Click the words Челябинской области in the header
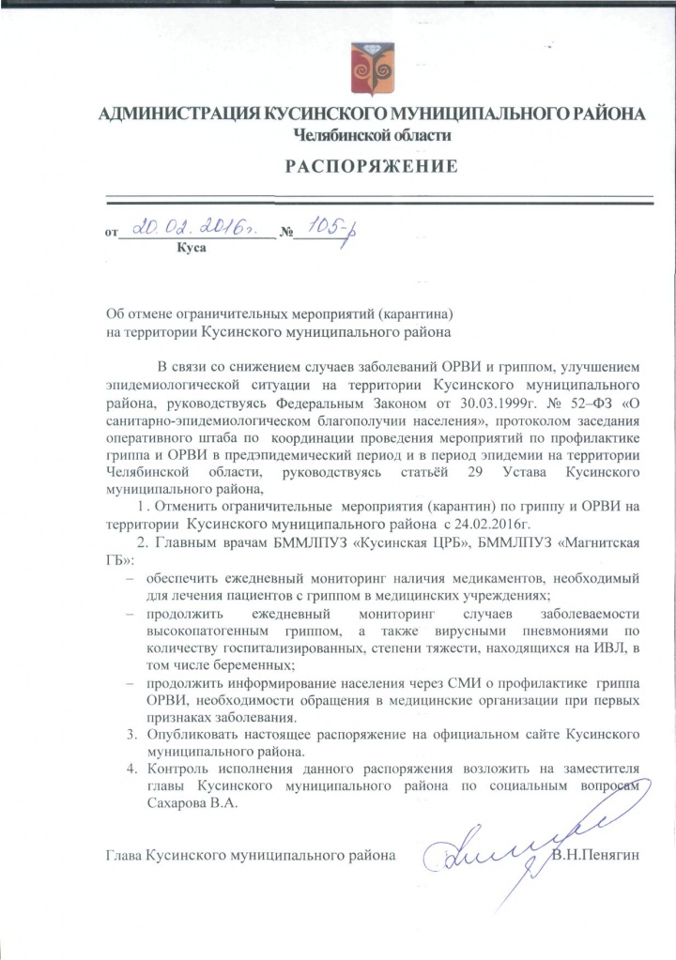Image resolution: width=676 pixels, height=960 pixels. pos(373,135)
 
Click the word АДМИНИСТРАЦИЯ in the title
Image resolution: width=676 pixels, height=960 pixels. pos(178,114)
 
